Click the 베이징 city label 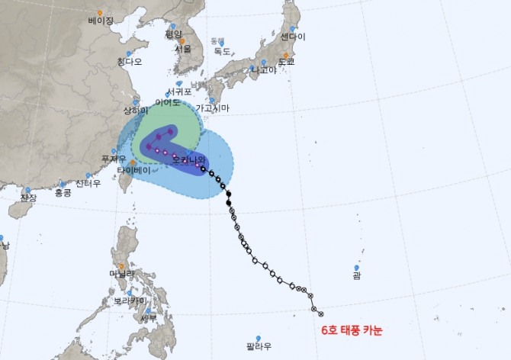[x=101, y=21]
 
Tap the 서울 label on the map [x=182, y=48]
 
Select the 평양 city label [x=174, y=34]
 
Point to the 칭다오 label [x=130, y=62]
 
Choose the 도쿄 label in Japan [x=286, y=62]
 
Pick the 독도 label [x=222, y=51]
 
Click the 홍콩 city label [x=63, y=193]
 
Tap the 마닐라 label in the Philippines [x=121, y=274]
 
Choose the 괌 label [x=357, y=277]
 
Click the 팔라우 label [x=259, y=346]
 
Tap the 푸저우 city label [x=113, y=159]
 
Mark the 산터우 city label [x=88, y=183]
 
